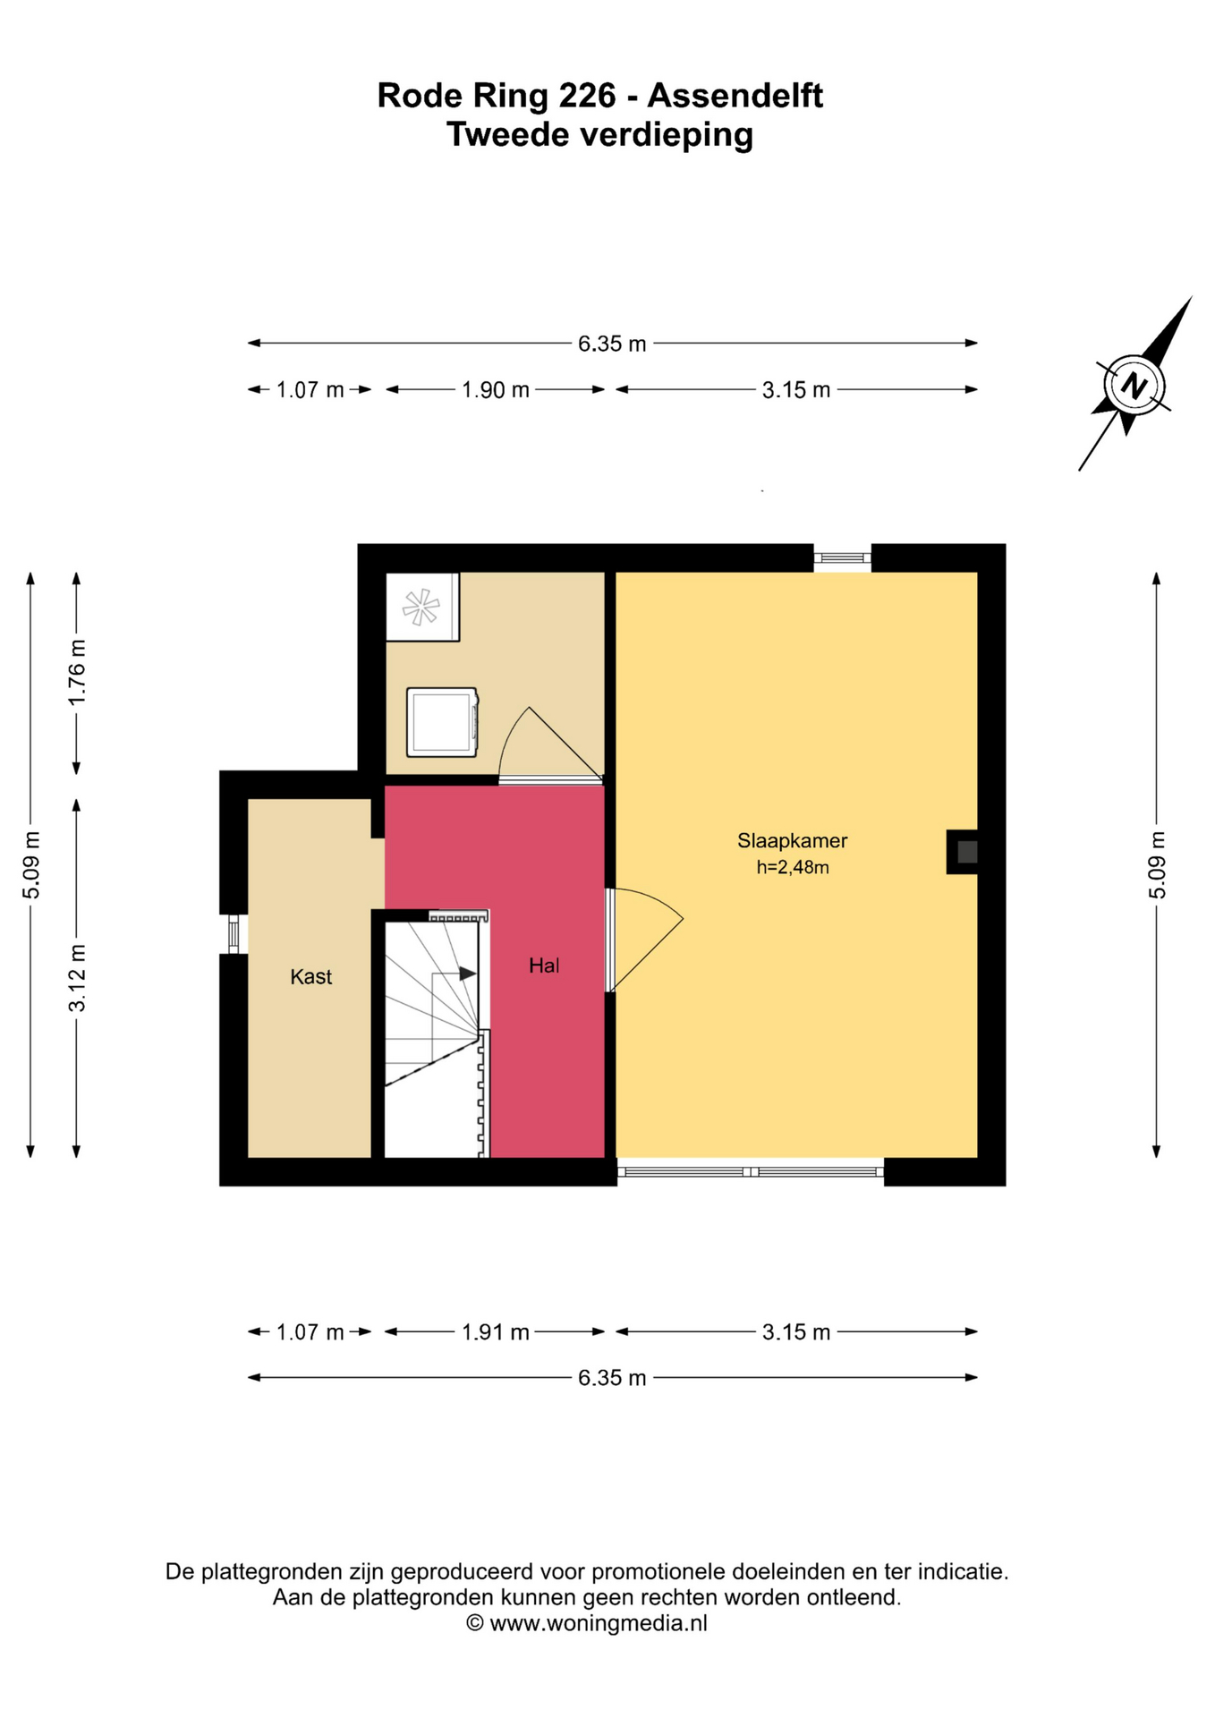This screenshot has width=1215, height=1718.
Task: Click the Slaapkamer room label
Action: pyautogui.click(x=792, y=840)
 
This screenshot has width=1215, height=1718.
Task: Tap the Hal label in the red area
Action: pyautogui.click(x=544, y=965)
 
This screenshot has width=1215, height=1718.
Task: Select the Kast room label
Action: pyautogui.click(x=310, y=976)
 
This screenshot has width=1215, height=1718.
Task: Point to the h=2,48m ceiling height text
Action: pyautogui.click(x=793, y=867)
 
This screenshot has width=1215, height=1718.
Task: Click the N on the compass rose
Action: pyautogui.click(x=1134, y=386)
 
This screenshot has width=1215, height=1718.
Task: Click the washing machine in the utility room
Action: pyautogui.click(x=442, y=722)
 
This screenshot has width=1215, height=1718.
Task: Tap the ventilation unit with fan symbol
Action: pyautogui.click(x=421, y=607)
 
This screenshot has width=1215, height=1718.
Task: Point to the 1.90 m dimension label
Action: pyautogui.click(x=495, y=390)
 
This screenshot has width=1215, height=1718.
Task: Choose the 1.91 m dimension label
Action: pyautogui.click(x=495, y=1332)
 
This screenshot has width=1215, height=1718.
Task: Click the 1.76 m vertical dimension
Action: pyautogui.click(x=78, y=671)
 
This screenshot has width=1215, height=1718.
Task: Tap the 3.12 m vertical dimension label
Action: pyautogui.click(x=78, y=978)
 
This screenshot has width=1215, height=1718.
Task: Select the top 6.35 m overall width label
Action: pyautogui.click(x=612, y=344)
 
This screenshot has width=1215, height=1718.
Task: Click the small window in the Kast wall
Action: pyautogui.click(x=234, y=933)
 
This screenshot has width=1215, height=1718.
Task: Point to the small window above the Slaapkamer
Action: pyautogui.click(x=842, y=557)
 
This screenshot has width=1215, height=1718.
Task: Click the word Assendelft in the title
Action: pyautogui.click(x=735, y=95)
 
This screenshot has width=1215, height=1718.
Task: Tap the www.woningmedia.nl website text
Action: pyautogui.click(x=599, y=1623)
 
